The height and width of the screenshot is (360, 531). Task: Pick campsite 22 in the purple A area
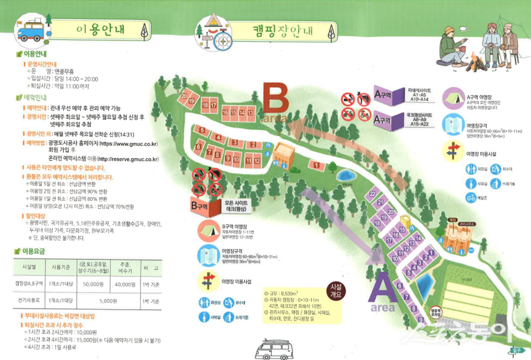point(372,194)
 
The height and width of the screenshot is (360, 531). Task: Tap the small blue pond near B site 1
point(344,176)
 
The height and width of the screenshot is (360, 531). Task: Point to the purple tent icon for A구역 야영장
point(455,97)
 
